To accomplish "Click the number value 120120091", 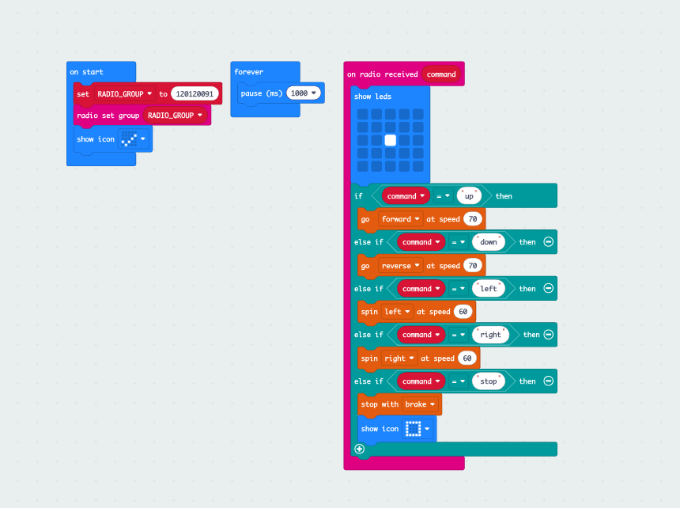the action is point(195,93).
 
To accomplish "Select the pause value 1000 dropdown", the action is point(304,93).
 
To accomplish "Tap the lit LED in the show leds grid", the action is point(390,140).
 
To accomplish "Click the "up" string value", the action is point(469,195).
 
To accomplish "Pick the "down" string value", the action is point(488,242).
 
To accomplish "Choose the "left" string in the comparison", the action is point(489,289).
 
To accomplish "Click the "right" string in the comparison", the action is point(490,335).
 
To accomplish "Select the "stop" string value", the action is point(489,381).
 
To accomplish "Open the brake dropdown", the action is point(420,404).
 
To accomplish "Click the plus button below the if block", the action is point(360,449).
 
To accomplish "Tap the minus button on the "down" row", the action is point(548,242).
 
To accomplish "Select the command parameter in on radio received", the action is point(441,74).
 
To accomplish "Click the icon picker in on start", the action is point(132,139).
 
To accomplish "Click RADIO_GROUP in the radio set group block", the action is point(175,116).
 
